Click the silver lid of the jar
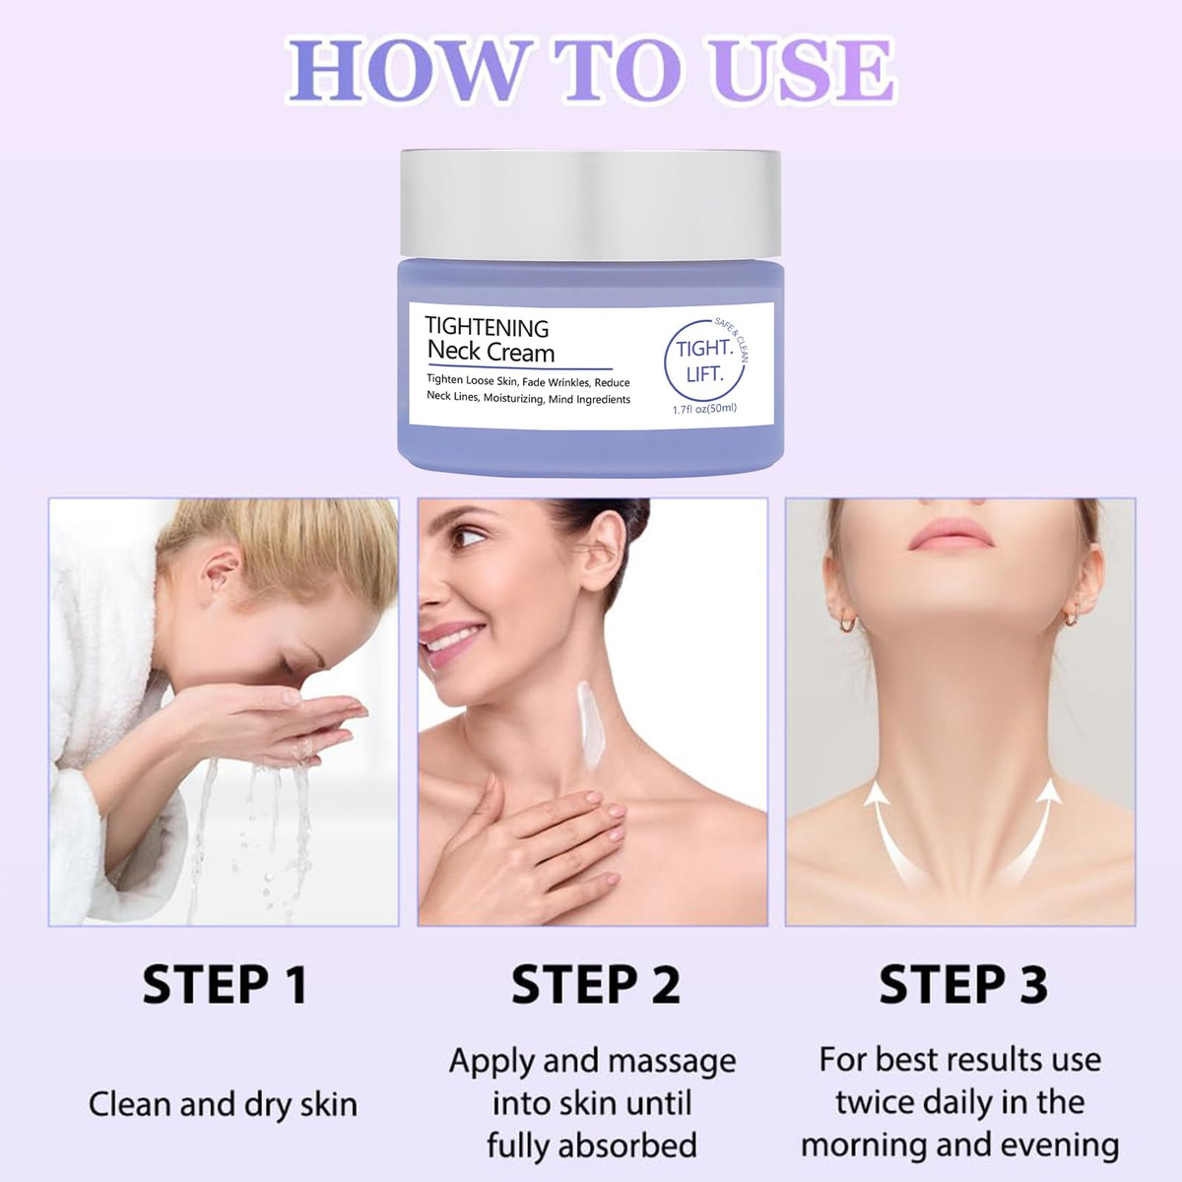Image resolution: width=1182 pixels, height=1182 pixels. point(591,204)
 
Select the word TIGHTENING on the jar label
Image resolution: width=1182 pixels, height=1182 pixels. point(487,328)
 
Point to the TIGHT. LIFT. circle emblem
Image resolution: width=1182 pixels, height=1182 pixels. point(705,360)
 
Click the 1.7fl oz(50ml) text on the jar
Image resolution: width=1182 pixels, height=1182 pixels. point(704,409)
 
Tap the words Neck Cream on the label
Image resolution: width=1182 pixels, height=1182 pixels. point(491,353)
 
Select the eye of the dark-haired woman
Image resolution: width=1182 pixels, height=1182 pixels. point(468,538)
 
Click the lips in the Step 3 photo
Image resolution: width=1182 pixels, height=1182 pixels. point(951,534)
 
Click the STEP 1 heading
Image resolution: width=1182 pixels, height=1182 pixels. point(225,984)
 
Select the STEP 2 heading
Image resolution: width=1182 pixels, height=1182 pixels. point(596,984)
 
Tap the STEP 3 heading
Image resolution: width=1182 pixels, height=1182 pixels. point(963,984)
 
